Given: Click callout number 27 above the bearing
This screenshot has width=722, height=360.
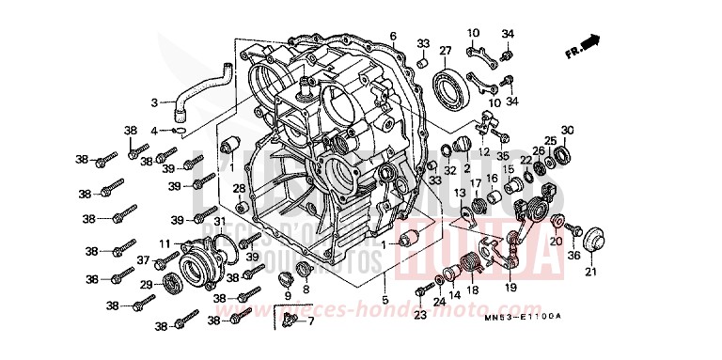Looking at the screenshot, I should (x=446, y=51).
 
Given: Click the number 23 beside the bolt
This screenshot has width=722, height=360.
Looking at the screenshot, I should (x=420, y=316).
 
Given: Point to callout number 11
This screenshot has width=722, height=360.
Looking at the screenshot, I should (x=164, y=243).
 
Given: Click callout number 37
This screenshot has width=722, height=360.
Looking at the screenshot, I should (x=144, y=260).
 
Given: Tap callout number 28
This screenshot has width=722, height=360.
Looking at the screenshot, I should (x=239, y=189).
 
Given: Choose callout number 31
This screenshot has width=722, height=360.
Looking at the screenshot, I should (x=220, y=221).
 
